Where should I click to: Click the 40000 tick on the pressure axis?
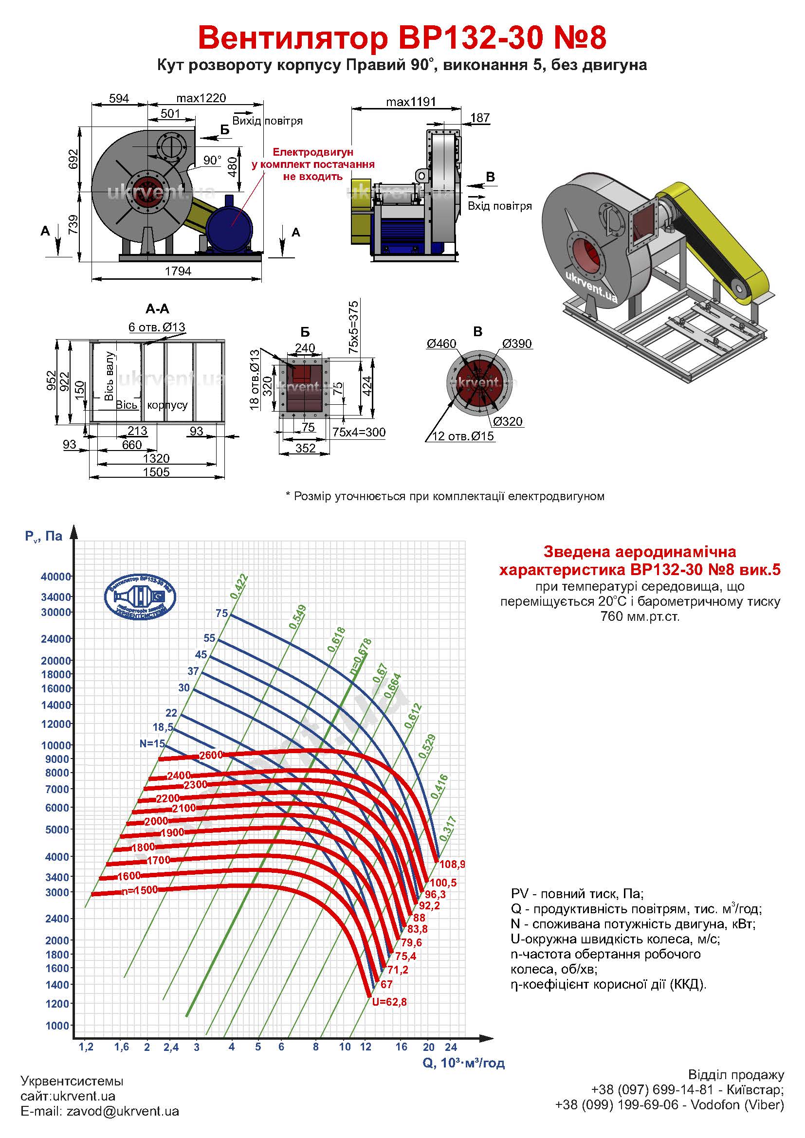click(x=55, y=577)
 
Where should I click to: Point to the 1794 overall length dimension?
click(x=178, y=271)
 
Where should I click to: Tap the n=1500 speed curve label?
click(x=139, y=890)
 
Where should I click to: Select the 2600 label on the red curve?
click(x=211, y=756)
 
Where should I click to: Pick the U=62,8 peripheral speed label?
click(x=389, y=1002)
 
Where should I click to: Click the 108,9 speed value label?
click(x=452, y=865)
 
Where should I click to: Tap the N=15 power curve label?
click(x=152, y=743)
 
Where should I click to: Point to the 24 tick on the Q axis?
click(x=450, y=1047)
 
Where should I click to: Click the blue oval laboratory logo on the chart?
click(x=140, y=597)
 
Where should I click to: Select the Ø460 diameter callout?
click(x=441, y=343)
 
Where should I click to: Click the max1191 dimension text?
click(x=411, y=102)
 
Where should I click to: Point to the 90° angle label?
click(x=212, y=160)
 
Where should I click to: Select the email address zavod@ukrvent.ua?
click(x=123, y=1111)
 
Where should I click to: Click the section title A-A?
click(x=157, y=309)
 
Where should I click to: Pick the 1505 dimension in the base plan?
click(x=156, y=472)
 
